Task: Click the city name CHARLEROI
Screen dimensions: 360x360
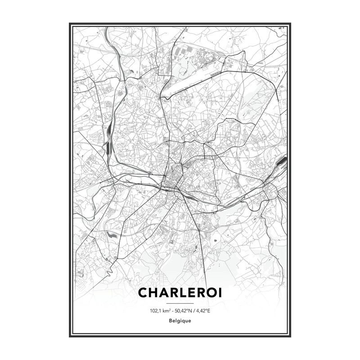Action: [180, 292]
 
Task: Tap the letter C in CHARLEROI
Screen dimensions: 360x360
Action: [144, 292]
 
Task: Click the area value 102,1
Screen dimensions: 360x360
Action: [155, 310]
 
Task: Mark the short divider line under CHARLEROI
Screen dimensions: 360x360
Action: [180, 304]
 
